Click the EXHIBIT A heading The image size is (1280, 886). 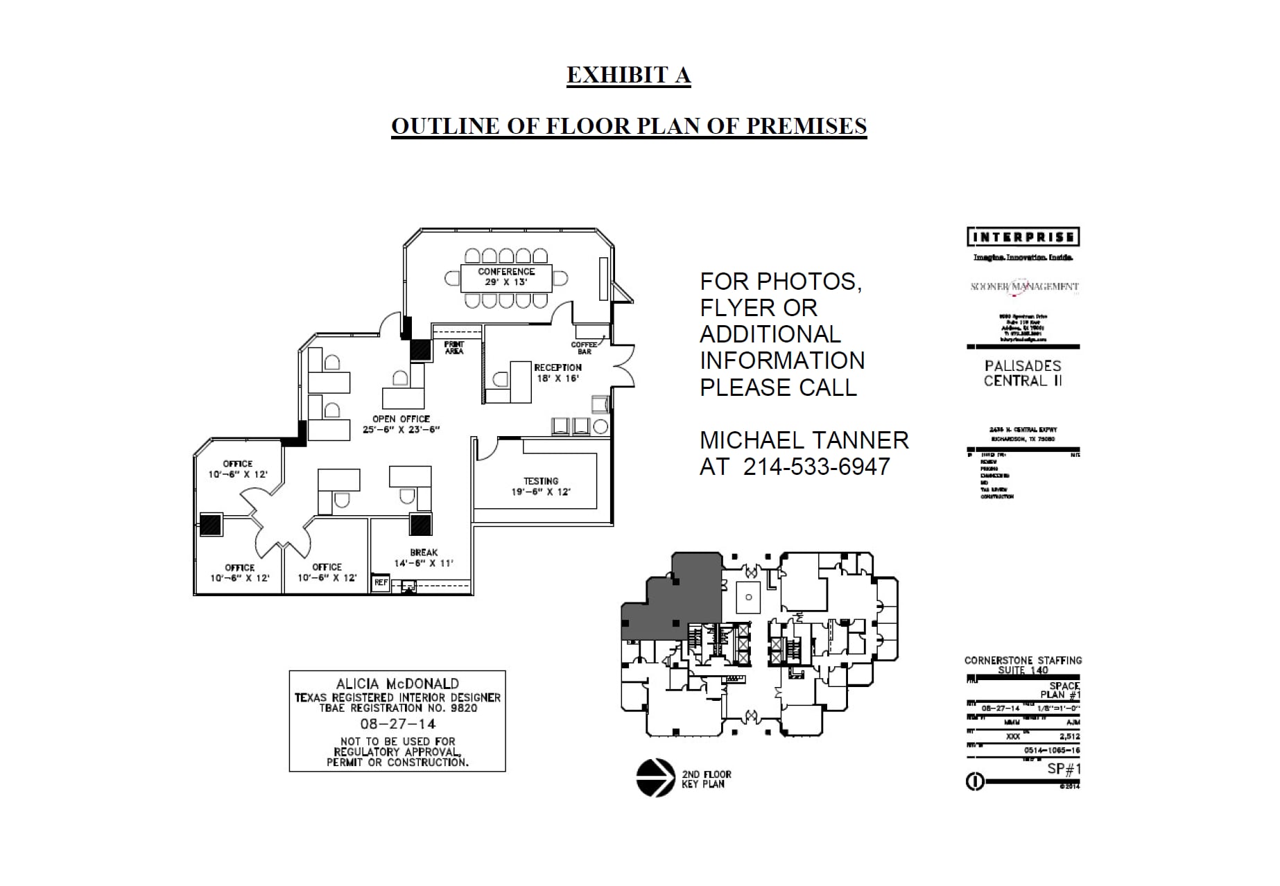click(x=628, y=76)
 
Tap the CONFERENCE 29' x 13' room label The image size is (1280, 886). click(x=506, y=277)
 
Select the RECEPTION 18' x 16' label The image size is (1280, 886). click(x=557, y=373)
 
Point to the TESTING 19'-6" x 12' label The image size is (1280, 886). click(x=541, y=486)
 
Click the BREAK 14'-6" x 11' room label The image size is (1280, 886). click(x=424, y=558)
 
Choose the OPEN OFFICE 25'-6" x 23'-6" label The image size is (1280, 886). click(x=401, y=424)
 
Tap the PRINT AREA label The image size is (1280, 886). click(x=454, y=348)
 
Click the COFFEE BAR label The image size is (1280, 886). click(x=584, y=348)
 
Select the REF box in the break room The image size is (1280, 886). click(x=381, y=583)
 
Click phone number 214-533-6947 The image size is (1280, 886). click(x=816, y=467)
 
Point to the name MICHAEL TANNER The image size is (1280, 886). click(x=804, y=440)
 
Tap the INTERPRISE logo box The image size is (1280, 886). click(x=1023, y=237)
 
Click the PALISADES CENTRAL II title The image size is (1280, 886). click(x=1023, y=373)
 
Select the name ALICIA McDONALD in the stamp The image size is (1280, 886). click(x=397, y=684)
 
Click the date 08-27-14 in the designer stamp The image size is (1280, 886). click(x=397, y=724)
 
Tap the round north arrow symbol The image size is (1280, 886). click(x=655, y=778)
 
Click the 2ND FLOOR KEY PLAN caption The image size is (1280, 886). click(x=706, y=779)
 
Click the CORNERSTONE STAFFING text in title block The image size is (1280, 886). click(x=1023, y=660)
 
